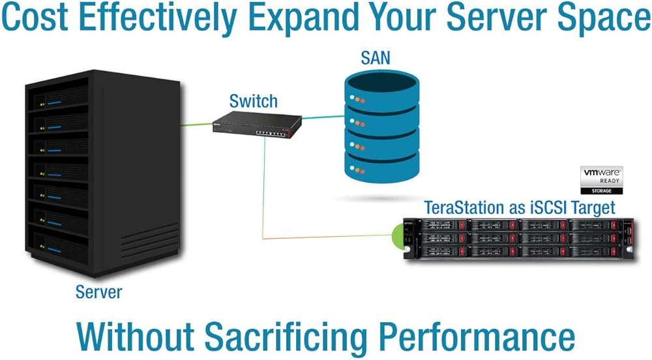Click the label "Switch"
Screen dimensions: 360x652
[x=253, y=101]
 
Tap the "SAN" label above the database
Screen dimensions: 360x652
[x=376, y=58]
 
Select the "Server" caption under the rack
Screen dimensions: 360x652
[x=99, y=291]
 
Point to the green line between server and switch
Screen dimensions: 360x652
[x=196, y=124]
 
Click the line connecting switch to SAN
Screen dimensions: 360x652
[x=323, y=117]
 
